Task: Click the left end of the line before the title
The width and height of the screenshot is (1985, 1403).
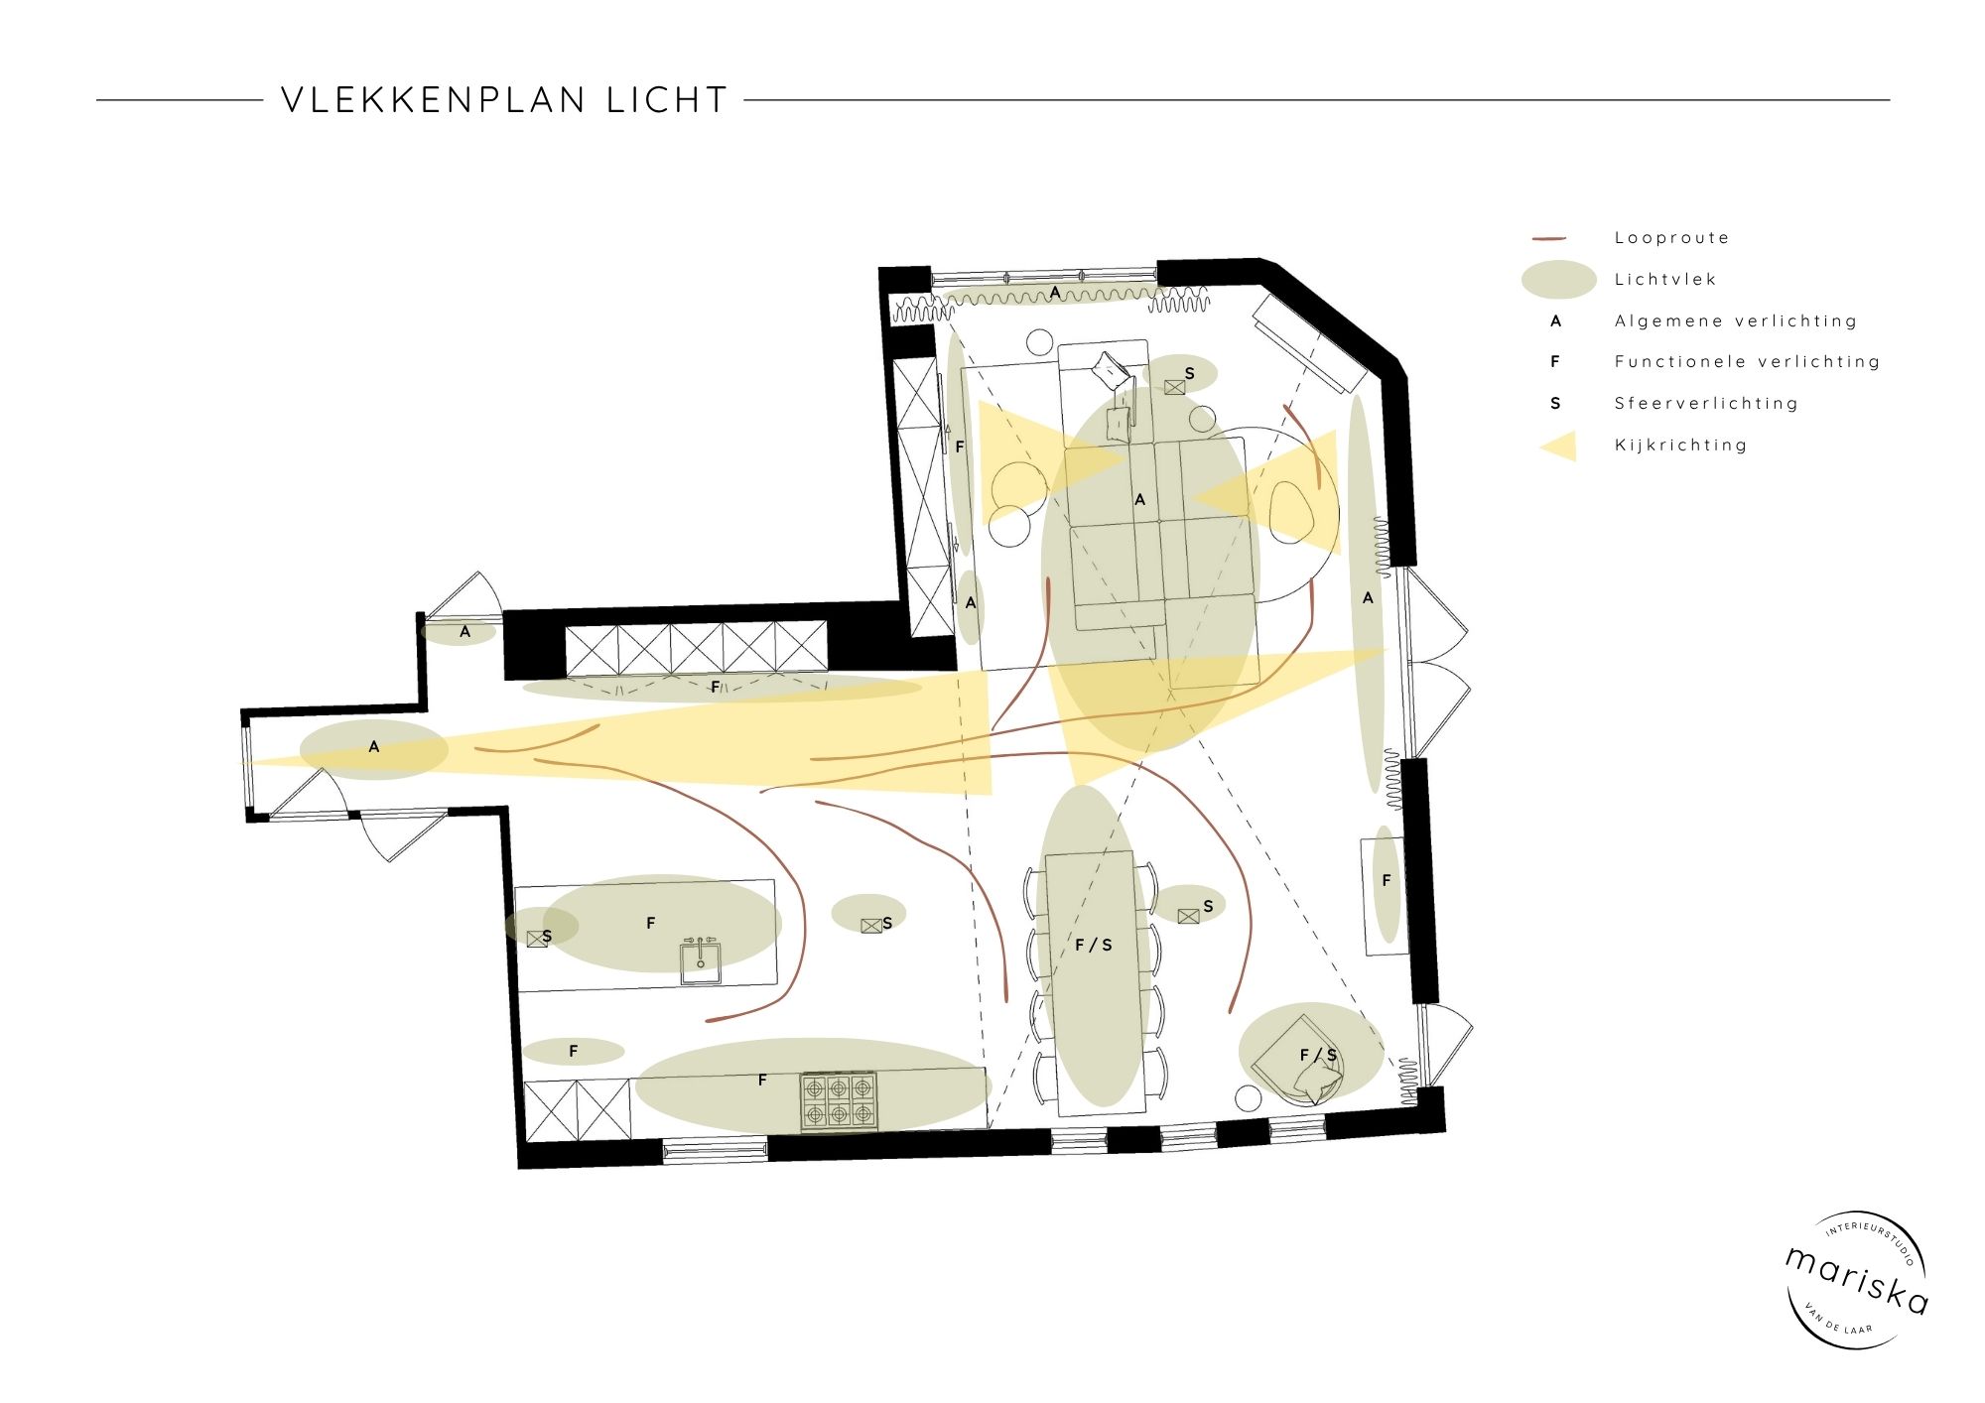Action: click(x=97, y=100)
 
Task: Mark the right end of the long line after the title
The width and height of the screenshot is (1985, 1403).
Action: click(x=1890, y=100)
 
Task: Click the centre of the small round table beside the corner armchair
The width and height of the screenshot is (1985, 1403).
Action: click(x=1248, y=1097)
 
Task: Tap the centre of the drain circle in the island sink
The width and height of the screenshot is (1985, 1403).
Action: click(x=701, y=962)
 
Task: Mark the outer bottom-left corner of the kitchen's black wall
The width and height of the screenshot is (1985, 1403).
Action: click(x=519, y=1168)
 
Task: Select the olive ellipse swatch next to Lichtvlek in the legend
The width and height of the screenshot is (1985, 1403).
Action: click(x=1558, y=280)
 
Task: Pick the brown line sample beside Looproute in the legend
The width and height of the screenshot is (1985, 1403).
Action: click(x=1549, y=239)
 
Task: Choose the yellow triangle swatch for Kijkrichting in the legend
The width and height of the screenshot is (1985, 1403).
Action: click(x=1560, y=446)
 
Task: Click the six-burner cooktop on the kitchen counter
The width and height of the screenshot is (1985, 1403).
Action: click(x=840, y=1100)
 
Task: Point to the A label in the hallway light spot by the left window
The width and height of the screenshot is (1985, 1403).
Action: click(x=374, y=747)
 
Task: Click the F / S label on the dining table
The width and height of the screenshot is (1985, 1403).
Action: click(x=1094, y=946)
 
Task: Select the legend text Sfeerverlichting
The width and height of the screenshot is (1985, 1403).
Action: click(x=1706, y=404)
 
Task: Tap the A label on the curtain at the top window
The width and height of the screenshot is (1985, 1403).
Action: click(x=1055, y=293)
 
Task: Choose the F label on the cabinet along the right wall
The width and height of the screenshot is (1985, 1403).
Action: click(x=1387, y=881)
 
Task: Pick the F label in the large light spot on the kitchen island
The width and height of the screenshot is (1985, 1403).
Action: click(x=651, y=923)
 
